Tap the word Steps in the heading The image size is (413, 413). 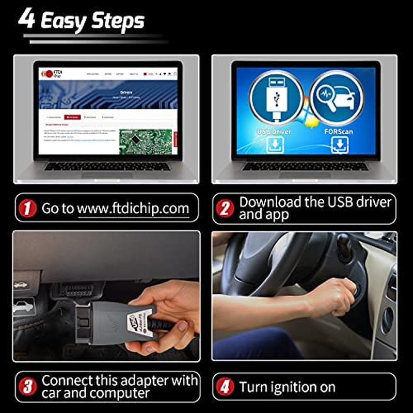coord(118,21)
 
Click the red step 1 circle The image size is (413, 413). coord(27,208)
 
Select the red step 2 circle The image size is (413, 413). coord(225,208)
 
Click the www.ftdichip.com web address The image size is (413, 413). coord(133,209)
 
